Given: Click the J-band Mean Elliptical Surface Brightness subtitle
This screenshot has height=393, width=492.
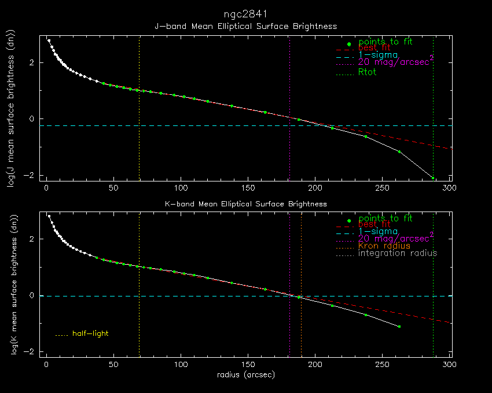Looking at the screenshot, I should point(246,27).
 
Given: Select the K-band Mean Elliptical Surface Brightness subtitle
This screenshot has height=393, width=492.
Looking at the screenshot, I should point(246,204).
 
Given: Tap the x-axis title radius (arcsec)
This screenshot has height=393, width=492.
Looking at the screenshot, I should point(246,375).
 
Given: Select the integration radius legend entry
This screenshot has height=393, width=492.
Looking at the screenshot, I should point(398,253).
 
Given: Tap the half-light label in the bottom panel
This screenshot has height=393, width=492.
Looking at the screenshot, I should point(90,333).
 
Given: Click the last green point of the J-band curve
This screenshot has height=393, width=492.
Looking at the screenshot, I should point(432,177).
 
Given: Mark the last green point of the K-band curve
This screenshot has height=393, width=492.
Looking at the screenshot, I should point(399,327).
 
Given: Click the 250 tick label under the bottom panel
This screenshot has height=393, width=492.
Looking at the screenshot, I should point(383,365).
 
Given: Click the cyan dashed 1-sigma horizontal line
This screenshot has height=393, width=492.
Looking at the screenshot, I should point(174,296).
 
